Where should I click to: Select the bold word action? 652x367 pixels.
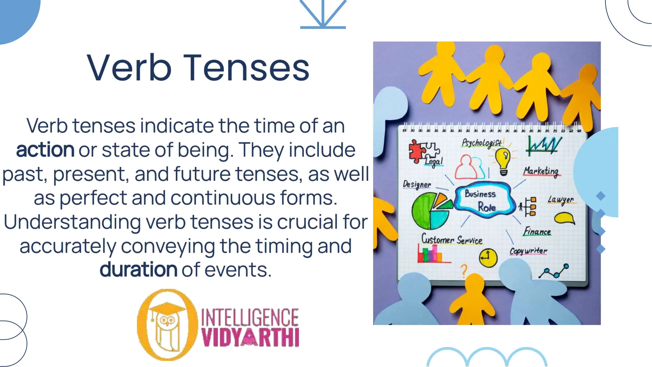45,150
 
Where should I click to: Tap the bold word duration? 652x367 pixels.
138,270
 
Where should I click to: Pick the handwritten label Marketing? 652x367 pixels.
541,171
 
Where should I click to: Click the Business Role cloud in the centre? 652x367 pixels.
484,200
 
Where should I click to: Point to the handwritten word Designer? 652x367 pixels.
417,184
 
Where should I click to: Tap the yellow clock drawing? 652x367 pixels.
488,257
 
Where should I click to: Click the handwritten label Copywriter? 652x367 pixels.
528,251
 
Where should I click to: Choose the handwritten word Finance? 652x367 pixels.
537,231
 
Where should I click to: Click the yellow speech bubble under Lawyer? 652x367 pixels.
564,218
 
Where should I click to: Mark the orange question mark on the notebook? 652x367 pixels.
464,271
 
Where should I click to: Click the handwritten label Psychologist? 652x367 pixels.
482,143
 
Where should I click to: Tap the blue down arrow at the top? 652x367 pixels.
323,14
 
